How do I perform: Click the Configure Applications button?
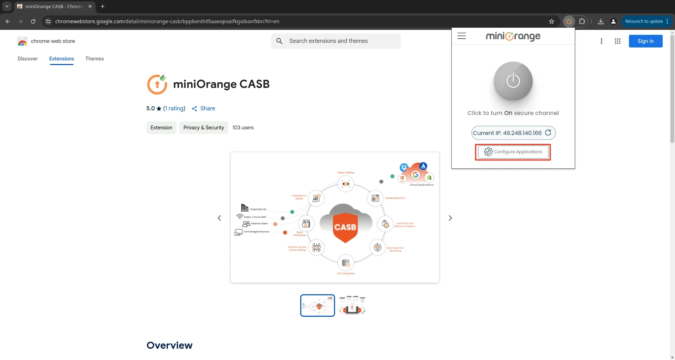[513, 152]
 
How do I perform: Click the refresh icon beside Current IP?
[548, 133]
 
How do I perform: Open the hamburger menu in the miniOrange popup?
[461, 36]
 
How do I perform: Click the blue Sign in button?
[645, 41]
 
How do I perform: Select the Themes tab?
[94, 59]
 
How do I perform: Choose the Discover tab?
[27, 59]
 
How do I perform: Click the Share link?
[204, 108]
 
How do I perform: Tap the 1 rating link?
[174, 108]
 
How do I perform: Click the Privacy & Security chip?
[204, 128]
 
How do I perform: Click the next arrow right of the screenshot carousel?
[450, 218]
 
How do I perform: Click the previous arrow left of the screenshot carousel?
[219, 218]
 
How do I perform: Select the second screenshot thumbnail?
[352, 305]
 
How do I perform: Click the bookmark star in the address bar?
[552, 21]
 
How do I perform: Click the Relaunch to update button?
[644, 21]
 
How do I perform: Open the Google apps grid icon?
[617, 41]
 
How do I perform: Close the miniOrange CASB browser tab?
[90, 6]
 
